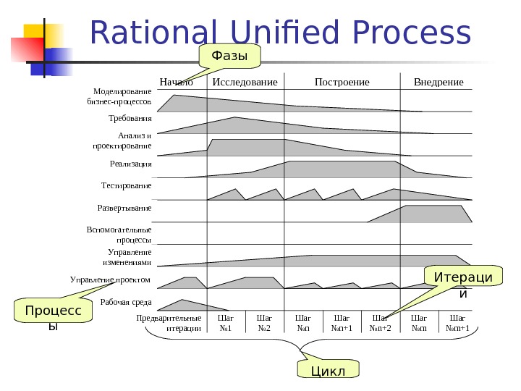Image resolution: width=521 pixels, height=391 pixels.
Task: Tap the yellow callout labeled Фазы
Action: (229, 56)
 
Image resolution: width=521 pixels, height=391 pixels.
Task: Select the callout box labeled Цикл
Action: (328, 370)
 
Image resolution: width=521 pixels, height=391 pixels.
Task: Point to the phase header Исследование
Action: (245, 82)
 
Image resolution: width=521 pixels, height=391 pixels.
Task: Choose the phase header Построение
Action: (342, 82)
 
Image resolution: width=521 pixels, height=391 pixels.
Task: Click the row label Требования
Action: (130, 117)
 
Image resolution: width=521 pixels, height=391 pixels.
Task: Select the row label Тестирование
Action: (127, 186)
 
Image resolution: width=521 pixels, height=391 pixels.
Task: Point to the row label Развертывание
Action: (124, 209)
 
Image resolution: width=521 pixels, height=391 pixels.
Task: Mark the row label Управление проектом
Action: (110, 279)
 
